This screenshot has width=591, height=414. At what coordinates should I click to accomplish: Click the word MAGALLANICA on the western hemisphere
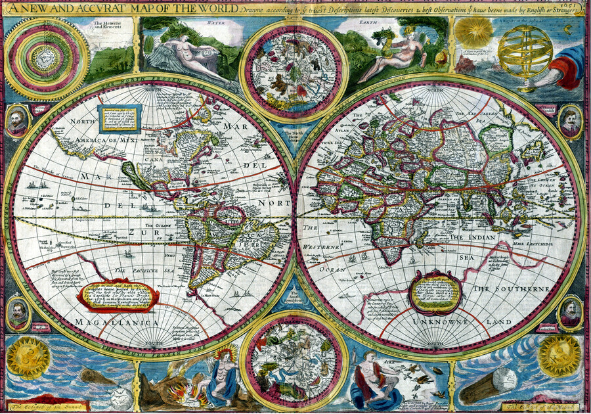116,323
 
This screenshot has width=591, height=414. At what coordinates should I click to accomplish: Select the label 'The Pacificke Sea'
140,270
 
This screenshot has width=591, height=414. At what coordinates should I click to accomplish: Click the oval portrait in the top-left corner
18,121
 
